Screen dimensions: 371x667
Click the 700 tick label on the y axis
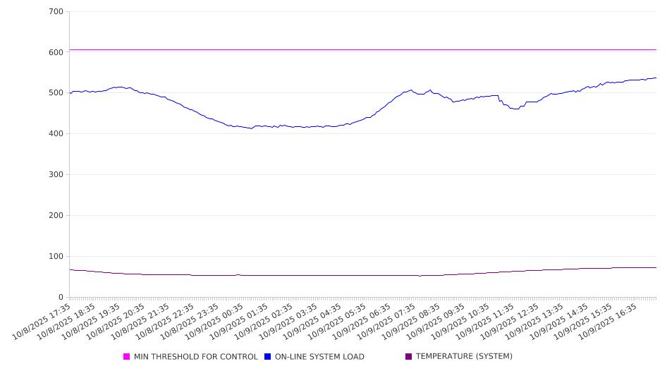[56, 12]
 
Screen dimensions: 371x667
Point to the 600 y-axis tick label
[56, 52]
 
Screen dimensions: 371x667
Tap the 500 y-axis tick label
[56, 93]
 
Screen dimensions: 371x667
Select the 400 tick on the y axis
[56, 134]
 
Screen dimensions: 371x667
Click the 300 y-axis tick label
[56, 175]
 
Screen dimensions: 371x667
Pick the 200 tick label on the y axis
[56, 216]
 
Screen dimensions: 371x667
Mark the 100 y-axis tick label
[56, 257]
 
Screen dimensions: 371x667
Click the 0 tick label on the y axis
[61, 297]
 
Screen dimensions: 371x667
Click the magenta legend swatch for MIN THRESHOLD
[127, 357]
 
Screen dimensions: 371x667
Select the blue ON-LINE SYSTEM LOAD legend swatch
[268, 357]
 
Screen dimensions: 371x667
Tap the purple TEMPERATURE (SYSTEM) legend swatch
[408, 357]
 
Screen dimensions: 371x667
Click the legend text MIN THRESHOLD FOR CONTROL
[196, 357]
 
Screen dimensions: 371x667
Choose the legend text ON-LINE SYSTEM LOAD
[319, 357]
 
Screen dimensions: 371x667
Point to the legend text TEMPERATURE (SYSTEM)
[464, 357]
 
